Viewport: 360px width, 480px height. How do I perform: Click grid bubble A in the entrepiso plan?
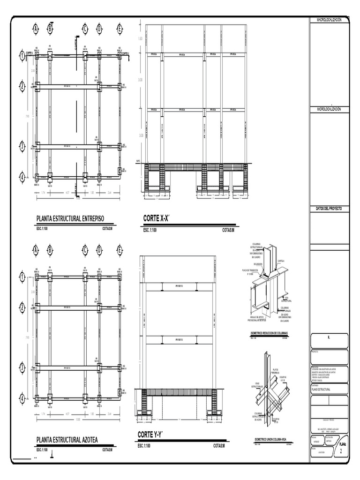pos(36,29)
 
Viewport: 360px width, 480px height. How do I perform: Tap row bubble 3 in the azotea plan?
pos(22,367)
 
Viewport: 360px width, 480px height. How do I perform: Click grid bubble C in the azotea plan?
pos(85,250)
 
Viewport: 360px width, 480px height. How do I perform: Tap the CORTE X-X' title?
pos(156,218)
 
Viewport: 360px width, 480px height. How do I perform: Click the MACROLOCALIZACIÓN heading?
pos(329,20)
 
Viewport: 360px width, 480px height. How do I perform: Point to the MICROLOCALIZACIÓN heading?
pos(329,109)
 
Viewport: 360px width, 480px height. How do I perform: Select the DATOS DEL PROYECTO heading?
pos(329,208)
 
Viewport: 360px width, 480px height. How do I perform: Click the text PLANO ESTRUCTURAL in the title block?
pos(322,390)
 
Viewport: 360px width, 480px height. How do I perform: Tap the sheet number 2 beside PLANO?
pos(341,451)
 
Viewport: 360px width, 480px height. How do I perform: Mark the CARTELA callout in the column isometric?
pos(281,262)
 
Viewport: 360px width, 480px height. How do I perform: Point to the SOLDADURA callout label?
pos(256,264)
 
